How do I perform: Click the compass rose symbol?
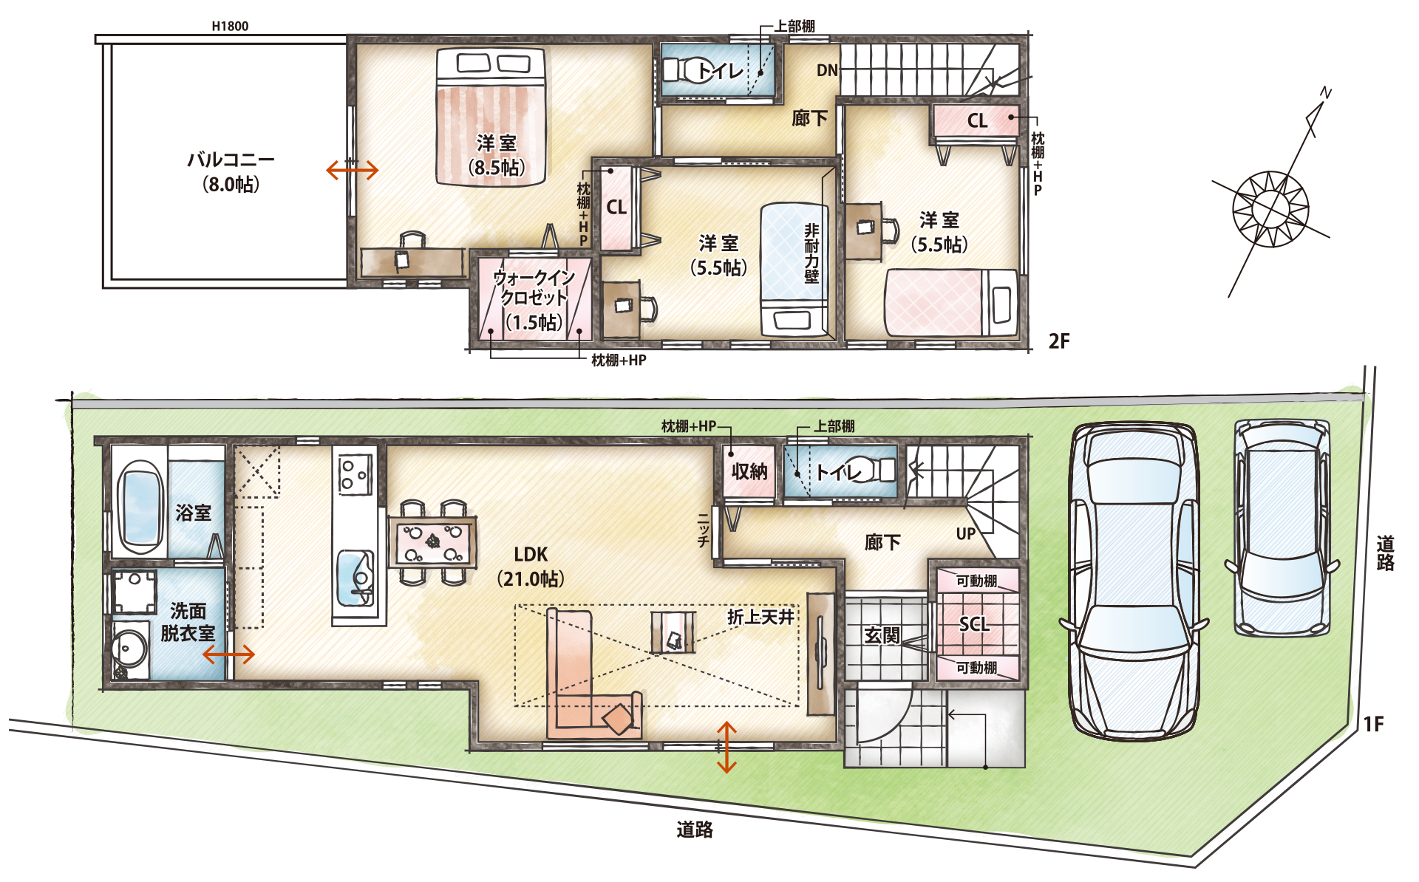coord(1270,209)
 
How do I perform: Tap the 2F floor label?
coord(1059,341)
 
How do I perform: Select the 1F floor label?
coord(1373,724)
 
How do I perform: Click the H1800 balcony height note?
coord(230,26)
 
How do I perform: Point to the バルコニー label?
coord(231,160)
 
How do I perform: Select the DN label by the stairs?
coord(827,70)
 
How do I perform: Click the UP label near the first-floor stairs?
coord(966,533)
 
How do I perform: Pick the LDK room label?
coord(531,555)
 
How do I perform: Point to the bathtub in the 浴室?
coord(140,507)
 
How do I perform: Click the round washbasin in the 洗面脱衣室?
coord(130,650)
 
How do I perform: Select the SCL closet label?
coord(974,624)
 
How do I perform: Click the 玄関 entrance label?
coord(882,635)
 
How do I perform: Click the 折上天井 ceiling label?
coord(760,617)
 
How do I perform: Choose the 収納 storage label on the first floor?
coord(749,471)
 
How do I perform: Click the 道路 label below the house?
coord(695,830)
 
